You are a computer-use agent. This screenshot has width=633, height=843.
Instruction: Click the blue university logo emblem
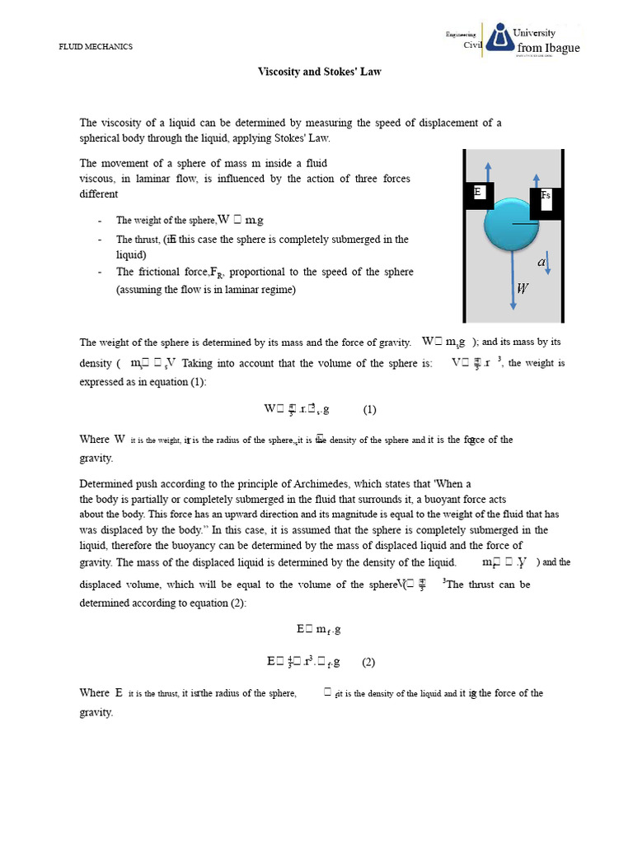click(x=497, y=39)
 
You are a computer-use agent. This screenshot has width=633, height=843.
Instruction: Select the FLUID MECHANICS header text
click(x=95, y=47)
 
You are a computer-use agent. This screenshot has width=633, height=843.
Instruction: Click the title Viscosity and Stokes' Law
click(x=320, y=72)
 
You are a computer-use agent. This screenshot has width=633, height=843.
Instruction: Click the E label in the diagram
click(x=477, y=192)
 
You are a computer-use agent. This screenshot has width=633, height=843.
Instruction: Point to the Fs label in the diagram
click(x=545, y=195)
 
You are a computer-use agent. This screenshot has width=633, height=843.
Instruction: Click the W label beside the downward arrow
click(x=523, y=288)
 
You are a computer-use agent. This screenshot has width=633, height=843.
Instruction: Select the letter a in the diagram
click(x=542, y=263)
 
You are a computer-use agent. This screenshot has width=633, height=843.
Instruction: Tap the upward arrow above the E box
click(x=488, y=170)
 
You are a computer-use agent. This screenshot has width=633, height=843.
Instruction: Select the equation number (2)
click(x=368, y=661)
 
